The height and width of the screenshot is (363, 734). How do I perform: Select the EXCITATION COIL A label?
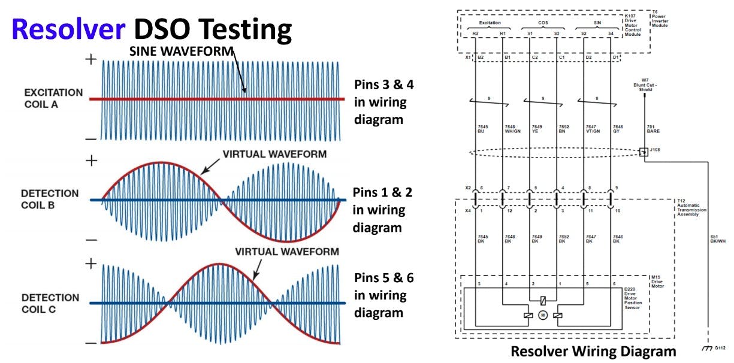click(x=53, y=98)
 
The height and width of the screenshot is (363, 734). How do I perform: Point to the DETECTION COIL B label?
click(x=50, y=199)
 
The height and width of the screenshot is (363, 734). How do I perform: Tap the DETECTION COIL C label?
click(x=50, y=303)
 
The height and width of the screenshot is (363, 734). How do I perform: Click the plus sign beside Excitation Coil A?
click(x=91, y=59)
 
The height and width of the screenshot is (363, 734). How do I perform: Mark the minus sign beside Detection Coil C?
click(x=91, y=343)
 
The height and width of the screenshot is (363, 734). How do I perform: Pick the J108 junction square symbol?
click(x=644, y=152)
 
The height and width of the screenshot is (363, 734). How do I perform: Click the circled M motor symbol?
click(x=543, y=316)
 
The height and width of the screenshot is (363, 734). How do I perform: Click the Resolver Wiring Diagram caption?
click(x=593, y=351)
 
